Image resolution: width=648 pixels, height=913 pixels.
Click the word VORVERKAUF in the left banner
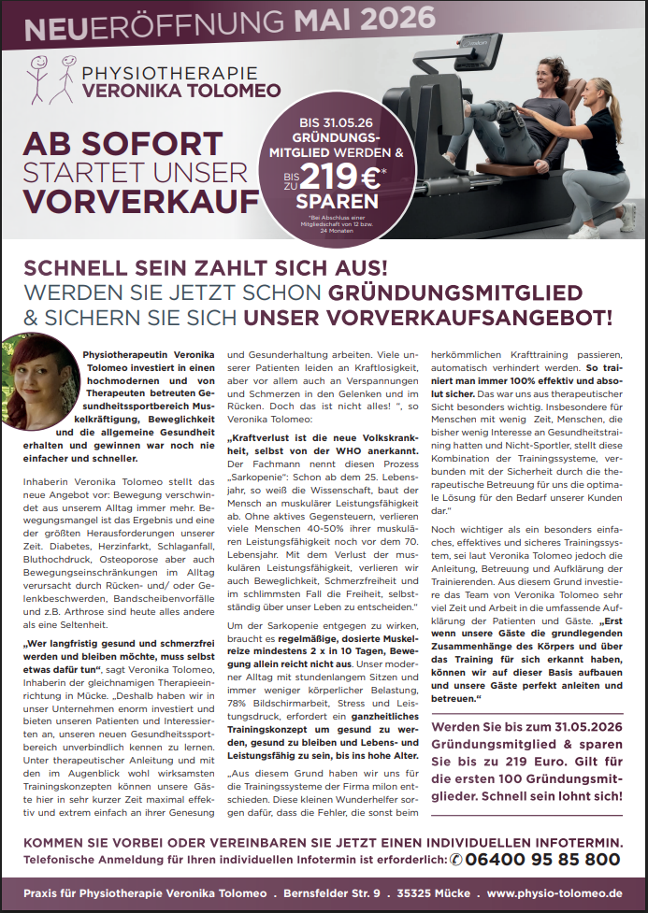pos(141,202)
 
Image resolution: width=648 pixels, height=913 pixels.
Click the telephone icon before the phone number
pos(456,859)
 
